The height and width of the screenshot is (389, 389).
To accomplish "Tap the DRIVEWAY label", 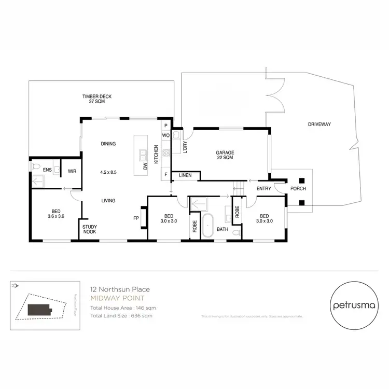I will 319,124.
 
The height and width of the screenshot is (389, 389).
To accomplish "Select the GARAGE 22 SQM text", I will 225,155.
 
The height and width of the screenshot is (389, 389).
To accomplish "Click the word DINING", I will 108,144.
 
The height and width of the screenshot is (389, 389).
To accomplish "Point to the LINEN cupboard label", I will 185,176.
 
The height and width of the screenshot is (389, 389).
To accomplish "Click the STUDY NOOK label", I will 90,230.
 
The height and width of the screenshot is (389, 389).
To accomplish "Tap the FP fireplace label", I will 136,218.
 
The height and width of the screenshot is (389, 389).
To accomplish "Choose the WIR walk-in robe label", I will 72,169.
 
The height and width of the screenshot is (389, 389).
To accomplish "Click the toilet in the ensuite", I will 35,166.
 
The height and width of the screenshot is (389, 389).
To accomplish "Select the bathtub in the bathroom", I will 208,226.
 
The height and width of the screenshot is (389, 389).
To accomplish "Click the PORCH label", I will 298,188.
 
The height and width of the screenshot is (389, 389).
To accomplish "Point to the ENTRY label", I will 263,188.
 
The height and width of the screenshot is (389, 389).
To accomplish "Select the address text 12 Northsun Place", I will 120,289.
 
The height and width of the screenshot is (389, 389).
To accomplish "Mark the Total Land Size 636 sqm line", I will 121,315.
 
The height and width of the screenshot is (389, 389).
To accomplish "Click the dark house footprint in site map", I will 39,310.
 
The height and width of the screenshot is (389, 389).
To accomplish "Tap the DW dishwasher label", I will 146,166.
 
